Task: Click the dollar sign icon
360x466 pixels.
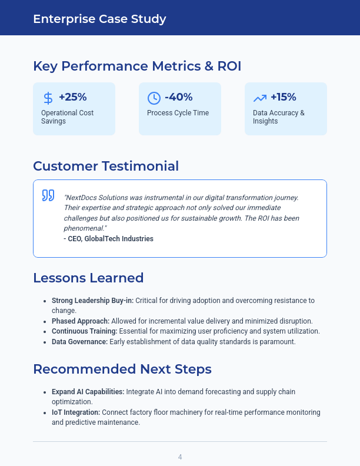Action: tap(48, 98)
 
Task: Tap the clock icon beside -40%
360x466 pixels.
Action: tap(154, 98)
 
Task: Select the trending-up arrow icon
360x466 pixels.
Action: tap(259, 98)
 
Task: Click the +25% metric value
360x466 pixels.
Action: tap(73, 97)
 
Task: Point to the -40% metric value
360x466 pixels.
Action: tap(179, 97)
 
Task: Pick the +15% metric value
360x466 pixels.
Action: tap(284, 97)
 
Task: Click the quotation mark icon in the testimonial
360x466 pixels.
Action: tap(48, 195)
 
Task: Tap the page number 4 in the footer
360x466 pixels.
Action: tap(180, 457)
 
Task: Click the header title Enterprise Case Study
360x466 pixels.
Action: tap(99, 19)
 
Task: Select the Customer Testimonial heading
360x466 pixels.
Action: tap(106, 166)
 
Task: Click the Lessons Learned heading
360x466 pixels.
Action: tap(88, 278)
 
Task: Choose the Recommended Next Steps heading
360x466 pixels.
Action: tap(122, 369)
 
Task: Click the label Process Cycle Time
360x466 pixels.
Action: tap(178, 113)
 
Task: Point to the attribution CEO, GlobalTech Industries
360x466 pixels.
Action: tap(108, 239)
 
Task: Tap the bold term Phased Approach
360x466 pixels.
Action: tap(81, 321)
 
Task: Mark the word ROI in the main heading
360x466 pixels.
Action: tap(229, 66)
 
